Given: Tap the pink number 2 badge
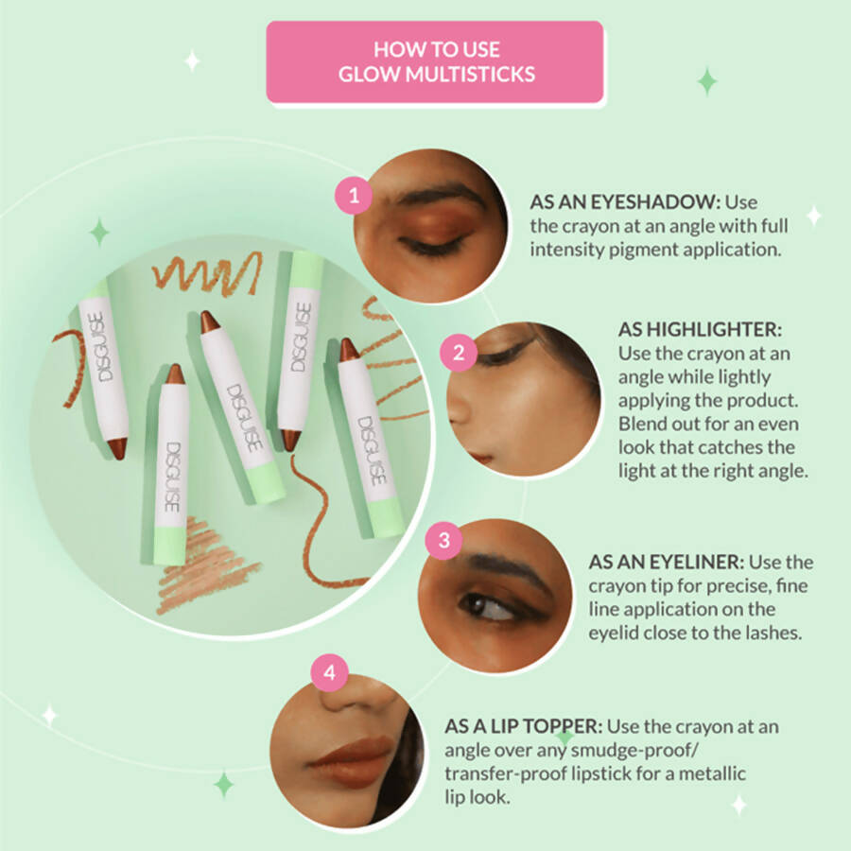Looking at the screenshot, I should (459, 354).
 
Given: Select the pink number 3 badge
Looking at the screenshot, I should (444, 541).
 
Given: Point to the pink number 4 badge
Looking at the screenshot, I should (329, 673).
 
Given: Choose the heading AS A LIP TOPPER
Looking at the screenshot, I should (523, 727).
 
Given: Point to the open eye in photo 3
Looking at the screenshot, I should (489, 605).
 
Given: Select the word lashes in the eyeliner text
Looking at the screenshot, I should (772, 633).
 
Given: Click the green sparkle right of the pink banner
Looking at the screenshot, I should (707, 81).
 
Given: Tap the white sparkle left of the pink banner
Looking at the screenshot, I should (192, 61).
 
